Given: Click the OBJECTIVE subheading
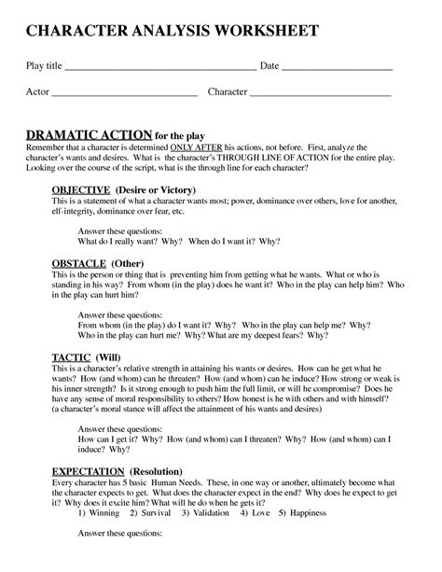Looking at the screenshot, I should coord(81,188).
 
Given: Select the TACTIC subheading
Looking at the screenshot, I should coord(71,356).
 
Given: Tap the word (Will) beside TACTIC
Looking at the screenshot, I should coord(114,356).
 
